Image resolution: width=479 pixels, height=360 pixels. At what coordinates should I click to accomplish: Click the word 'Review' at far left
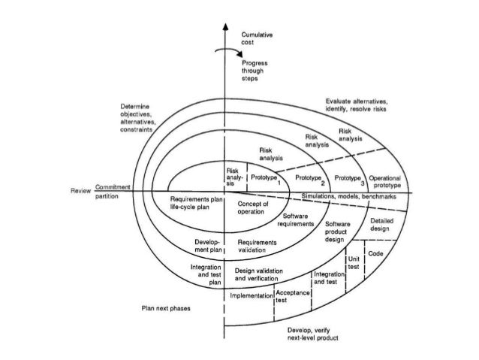pos(80,190)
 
